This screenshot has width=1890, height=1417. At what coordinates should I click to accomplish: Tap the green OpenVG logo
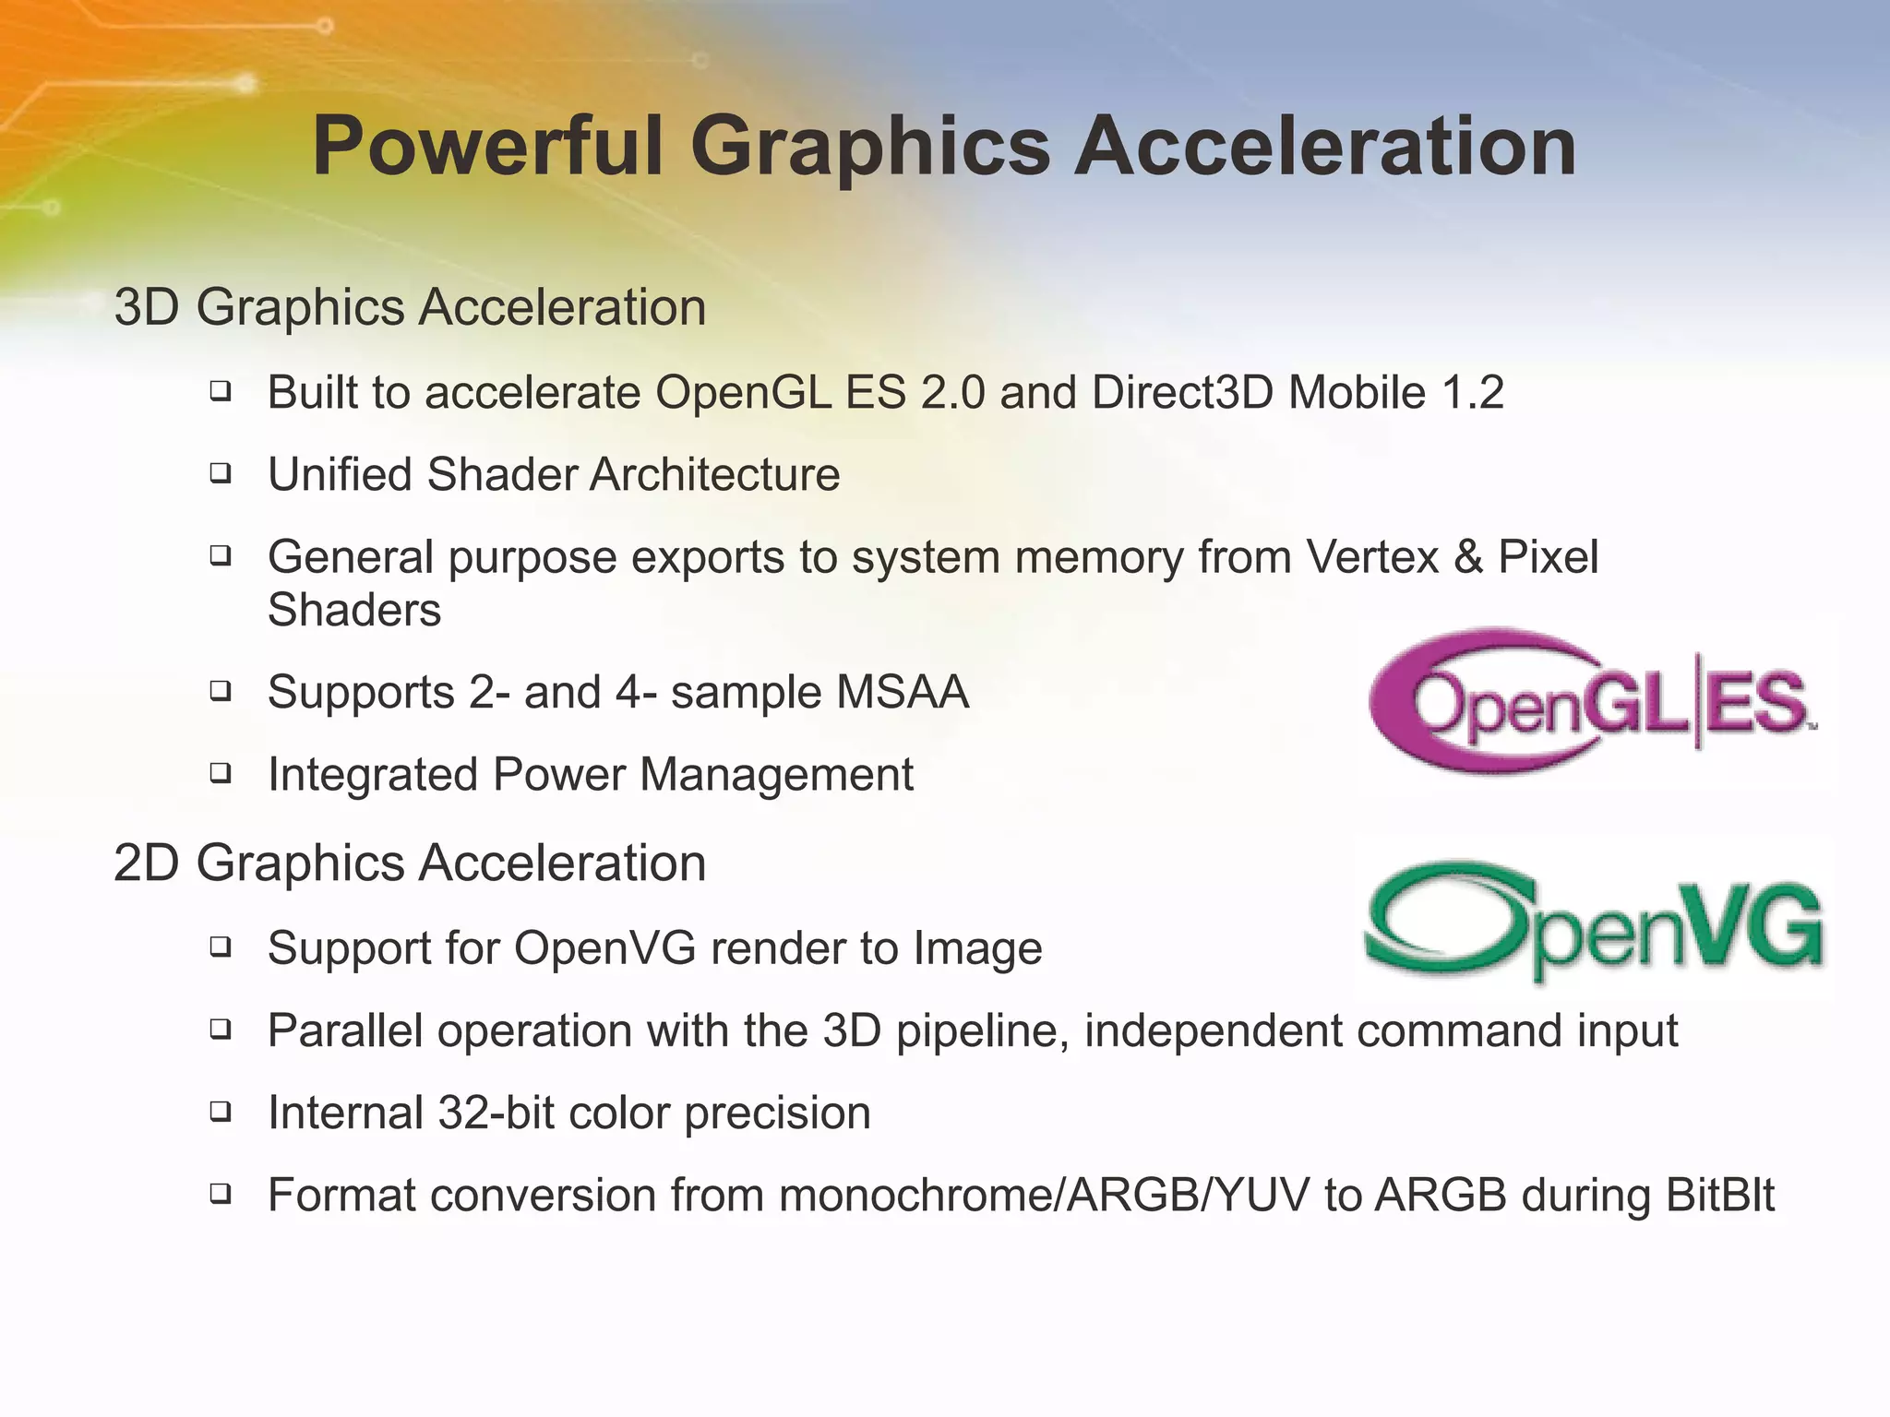pos(1594,923)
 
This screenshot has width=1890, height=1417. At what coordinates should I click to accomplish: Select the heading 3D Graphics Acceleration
pos(410,307)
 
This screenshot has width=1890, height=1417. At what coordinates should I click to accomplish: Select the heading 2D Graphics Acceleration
pos(410,863)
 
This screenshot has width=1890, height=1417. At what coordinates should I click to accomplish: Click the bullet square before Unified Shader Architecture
pos(220,474)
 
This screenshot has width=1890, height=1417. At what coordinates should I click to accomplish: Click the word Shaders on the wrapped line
pos(354,611)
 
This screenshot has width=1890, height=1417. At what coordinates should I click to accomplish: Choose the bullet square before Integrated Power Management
pos(220,773)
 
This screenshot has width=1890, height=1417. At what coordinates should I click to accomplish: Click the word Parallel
pos(345,1030)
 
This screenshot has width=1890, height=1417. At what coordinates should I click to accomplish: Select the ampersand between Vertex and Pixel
pos(1468,557)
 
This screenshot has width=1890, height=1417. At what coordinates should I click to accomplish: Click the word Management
pos(776,774)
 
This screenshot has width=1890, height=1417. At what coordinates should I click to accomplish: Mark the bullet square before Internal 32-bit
pos(220,1112)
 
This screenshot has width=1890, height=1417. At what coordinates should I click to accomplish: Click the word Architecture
pos(714,475)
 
